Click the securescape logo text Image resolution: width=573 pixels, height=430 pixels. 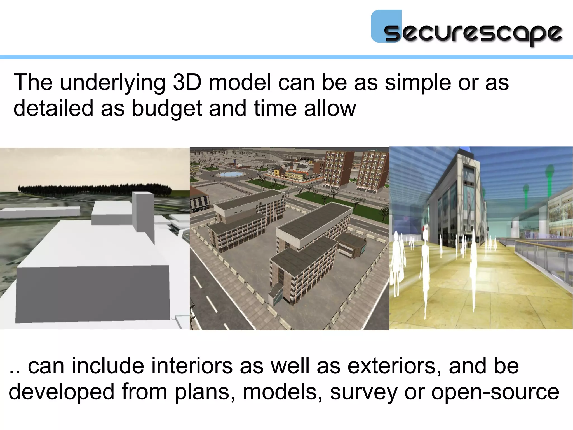[473, 33]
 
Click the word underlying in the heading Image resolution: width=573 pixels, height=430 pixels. [112, 83]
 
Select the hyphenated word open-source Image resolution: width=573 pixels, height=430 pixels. [495, 392]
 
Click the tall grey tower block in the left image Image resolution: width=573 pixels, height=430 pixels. [143, 213]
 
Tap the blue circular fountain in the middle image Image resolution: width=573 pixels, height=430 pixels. [231, 174]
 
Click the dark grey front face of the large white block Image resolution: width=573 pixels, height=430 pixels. [92, 293]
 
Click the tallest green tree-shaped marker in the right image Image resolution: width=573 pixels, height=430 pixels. [550, 179]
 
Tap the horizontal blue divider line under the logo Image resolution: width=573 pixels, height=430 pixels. [286, 57]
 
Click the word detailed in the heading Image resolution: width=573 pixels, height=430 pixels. [53, 109]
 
